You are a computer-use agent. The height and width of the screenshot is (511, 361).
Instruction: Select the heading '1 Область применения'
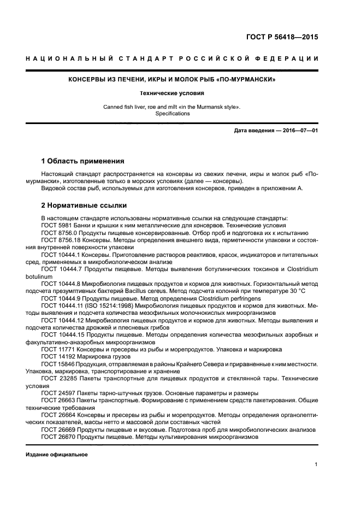(x=83, y=161)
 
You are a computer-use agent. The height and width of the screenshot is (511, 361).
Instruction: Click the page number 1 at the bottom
(x=316, y=465)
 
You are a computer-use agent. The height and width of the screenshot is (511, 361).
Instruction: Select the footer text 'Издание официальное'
(x=57, y=455)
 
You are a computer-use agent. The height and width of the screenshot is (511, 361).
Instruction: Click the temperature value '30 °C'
(x=298, y=292)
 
